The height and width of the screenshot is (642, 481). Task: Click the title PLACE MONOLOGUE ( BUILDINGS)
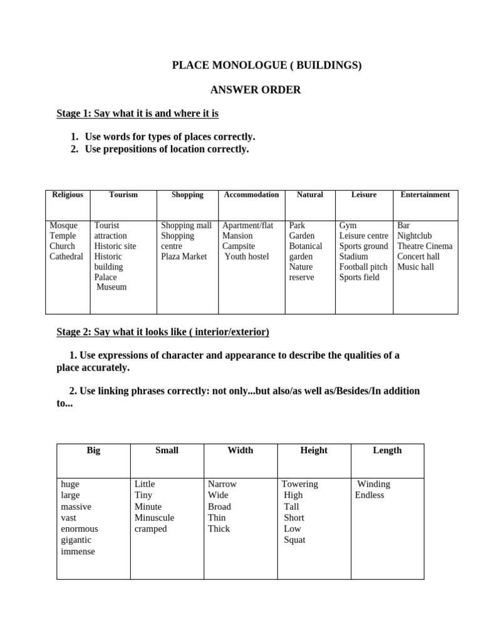click(267, 65)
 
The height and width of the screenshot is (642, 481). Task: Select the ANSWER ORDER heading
click(255, 90)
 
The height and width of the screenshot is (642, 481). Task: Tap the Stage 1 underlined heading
click(137, 113)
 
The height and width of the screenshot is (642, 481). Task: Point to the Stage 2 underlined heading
click(163, 331)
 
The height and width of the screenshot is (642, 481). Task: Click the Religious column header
click(68, 195)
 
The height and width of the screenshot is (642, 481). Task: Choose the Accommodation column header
click(251, 195)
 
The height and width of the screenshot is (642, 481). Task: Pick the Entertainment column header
click(425, 195)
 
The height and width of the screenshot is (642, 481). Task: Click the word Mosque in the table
click(63, 226)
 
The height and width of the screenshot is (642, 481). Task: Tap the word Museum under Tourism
click(111, 287)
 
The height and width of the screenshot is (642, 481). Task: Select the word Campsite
click(239, 246)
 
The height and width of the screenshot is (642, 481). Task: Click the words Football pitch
click(363, 267)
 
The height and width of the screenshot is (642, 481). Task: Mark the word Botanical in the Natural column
click(306, 246)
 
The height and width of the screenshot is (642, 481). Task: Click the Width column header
click(240, 450)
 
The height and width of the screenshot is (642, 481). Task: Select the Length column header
click(387, 450)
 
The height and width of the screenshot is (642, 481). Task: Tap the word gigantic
click(76, 540)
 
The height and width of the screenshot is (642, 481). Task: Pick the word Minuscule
click(154, 518)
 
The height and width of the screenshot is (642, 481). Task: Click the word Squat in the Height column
click(294, 540)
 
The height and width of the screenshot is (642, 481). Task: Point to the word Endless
click(370, 495)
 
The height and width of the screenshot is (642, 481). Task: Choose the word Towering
click(300, 484)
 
